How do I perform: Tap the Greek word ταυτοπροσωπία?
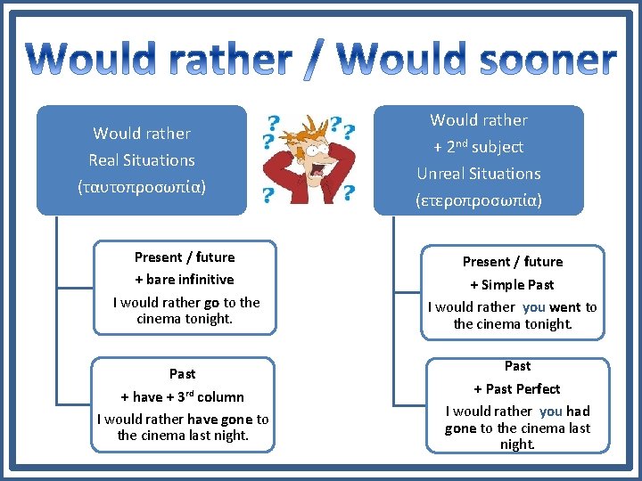tap(143, 188)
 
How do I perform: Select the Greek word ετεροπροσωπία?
tap(479, 200)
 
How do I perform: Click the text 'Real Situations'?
tap(142, 160)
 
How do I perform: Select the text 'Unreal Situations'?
tap(479, 174)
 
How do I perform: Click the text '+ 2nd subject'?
tap(479, 147)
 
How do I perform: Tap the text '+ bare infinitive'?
tap(185, 280)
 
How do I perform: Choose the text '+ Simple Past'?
tap(513, 285)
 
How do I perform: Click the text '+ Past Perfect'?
tap(517, 389)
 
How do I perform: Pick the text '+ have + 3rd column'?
tap(183, 397)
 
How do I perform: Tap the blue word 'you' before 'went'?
tap(534, 307)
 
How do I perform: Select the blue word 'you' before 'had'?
tap(551, 412)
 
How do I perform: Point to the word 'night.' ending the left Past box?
tap(230, 436)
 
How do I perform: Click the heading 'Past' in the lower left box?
tap(183, 374)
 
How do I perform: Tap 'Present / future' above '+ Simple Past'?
tap(513, 262)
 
